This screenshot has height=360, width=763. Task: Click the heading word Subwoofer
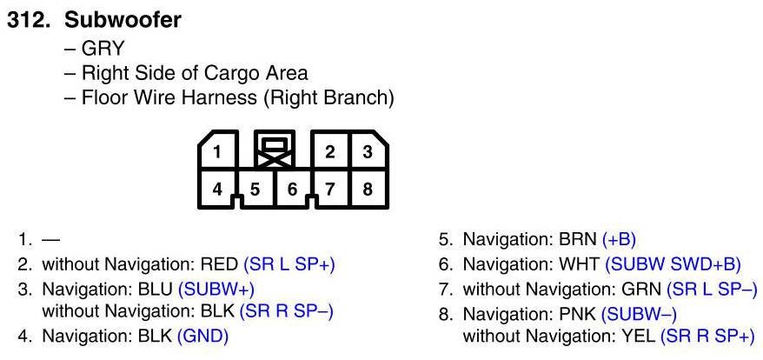click(123, 19)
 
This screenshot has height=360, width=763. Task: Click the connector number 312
click(30, 19)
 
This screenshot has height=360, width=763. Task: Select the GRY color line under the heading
click(102, 48)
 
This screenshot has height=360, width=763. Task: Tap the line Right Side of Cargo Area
click(194, 73)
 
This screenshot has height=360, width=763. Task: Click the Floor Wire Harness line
click(236, 98)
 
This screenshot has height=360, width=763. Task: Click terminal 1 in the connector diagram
click(217, 152)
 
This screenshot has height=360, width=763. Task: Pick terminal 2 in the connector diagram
click(330, 152)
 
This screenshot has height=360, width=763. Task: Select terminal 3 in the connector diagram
click(368, 152)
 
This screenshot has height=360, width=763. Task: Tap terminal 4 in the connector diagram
click(217, 188)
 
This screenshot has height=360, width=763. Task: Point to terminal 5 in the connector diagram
click(255, 188)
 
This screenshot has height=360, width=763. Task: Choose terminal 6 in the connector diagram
click(293, 188)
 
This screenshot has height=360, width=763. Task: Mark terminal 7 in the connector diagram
click(330, 188)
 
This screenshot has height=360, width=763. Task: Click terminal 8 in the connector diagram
click(368, 188)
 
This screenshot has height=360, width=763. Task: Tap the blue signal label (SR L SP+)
click(289, 263)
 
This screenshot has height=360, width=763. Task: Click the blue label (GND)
click(202, 335)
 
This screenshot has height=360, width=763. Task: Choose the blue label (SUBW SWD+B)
click(673, 263)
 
